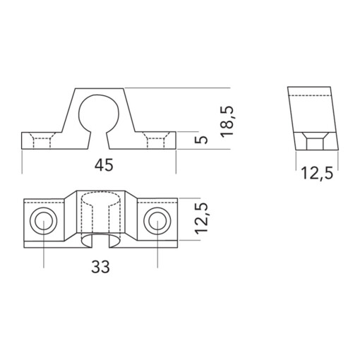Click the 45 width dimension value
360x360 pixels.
click(104, 165)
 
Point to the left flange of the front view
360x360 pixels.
click(42, 141)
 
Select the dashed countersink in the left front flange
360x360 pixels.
click(44, 141)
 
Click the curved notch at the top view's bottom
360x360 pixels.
click(99, 243)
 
